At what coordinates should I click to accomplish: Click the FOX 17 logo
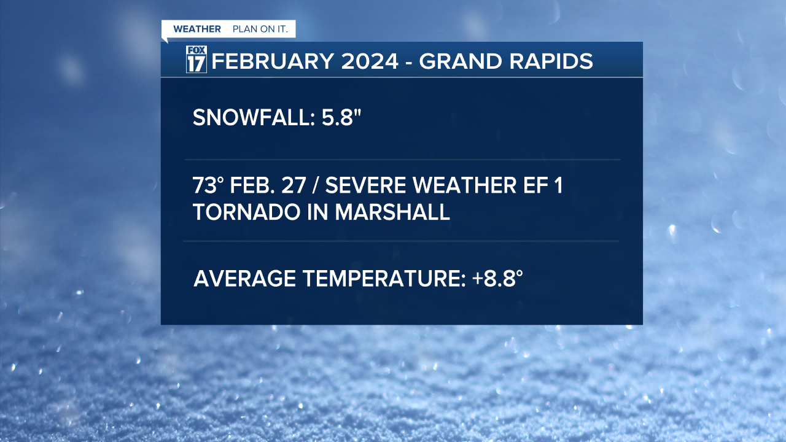(x=196, y=59)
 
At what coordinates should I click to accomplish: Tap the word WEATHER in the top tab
(x=197, y=29)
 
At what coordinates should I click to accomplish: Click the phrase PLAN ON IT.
(x=260, y=29)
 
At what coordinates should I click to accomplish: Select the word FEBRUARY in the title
(x=273, y=61)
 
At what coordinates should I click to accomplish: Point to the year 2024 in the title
(x=370, y=61)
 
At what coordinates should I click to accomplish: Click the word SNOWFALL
(x=254, y=117)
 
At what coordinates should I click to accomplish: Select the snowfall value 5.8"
(x=341, y=117)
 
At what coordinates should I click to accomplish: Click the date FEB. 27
(x=268, y=185)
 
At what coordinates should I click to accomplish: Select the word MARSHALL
(x=392, y=212)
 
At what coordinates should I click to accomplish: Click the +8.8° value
(x=497, y=279)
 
